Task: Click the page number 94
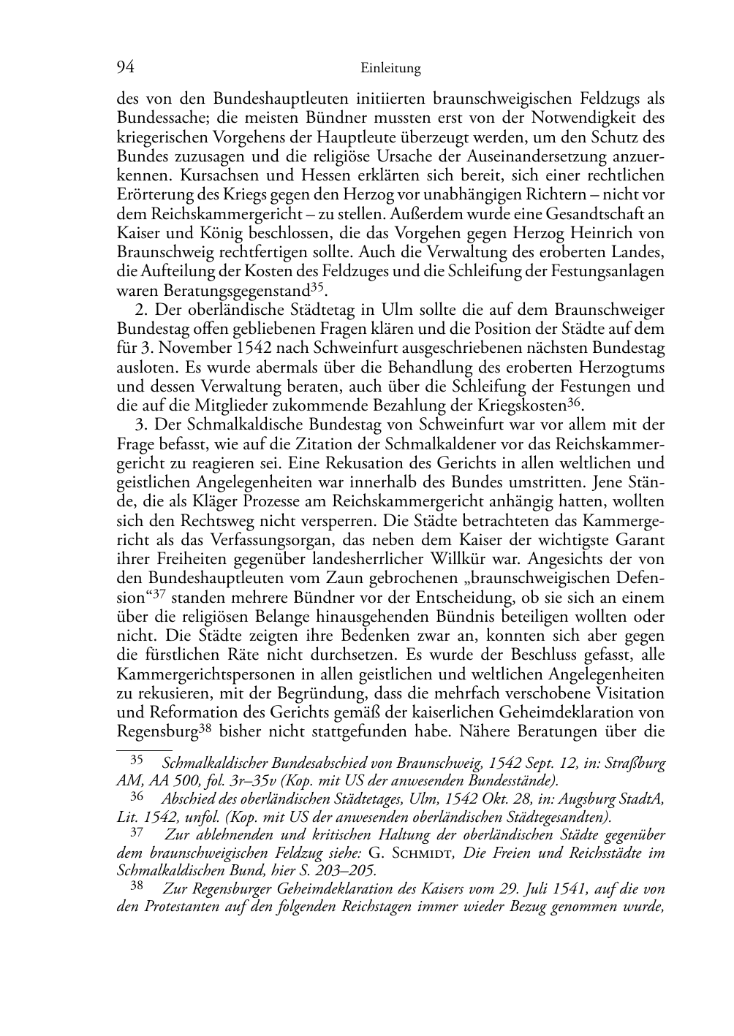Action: [126, 68]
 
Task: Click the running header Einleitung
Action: [391, 69]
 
